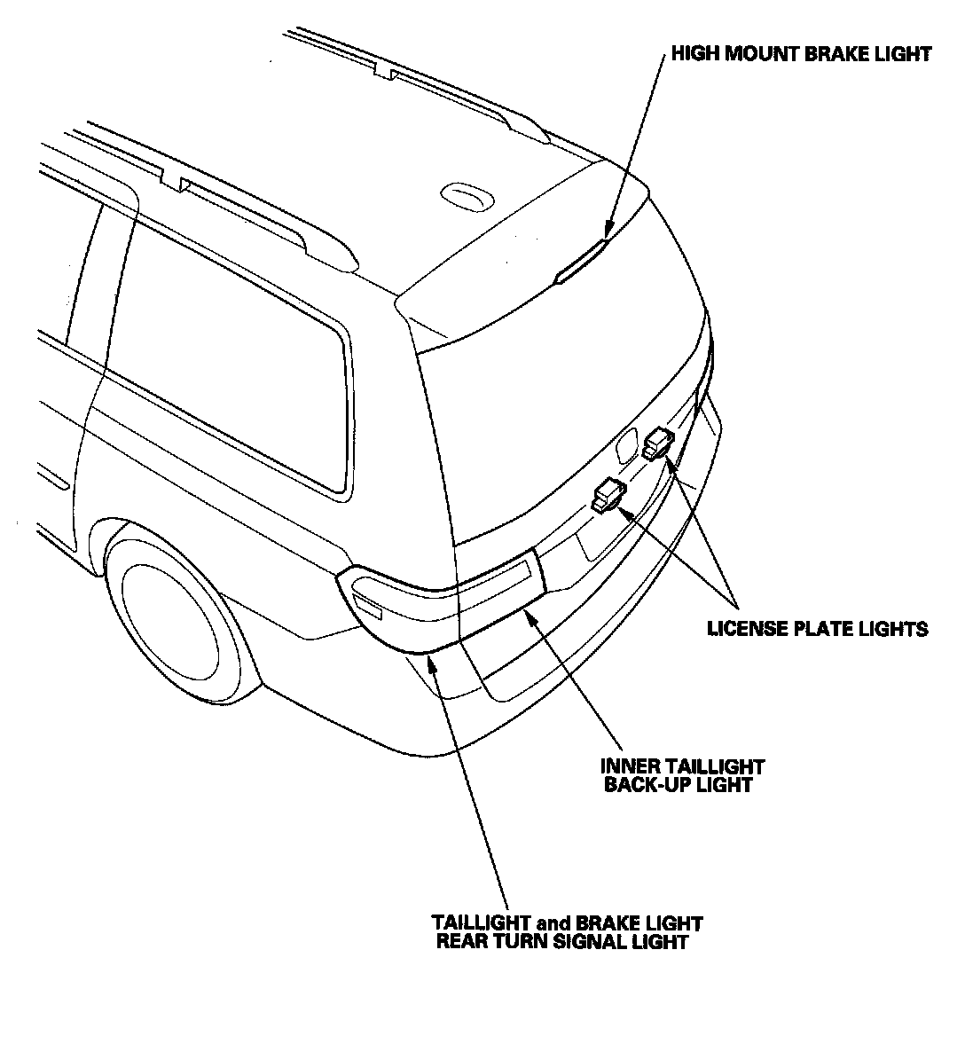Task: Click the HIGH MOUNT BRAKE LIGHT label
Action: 801,54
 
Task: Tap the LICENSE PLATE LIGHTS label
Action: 817,629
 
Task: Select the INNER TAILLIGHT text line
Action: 682,765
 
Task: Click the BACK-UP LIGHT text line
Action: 678,785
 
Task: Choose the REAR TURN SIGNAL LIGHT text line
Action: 562,942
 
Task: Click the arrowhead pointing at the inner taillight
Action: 530,616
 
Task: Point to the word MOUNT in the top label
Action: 766,54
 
